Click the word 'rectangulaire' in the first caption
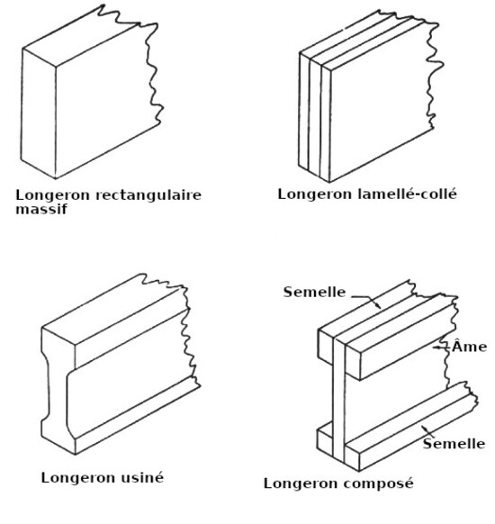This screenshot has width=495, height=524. pyautogui.click(x=148, y=195)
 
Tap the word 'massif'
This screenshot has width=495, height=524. pyautogui.click(x=41, y=209)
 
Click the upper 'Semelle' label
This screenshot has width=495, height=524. pyautogui.click(x=314, y=292)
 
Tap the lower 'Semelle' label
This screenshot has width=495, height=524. pyautogui.click(x=454, y=444)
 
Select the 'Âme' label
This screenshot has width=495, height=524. pyautogui.click(x=469, y=346)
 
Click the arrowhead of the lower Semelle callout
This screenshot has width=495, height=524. pyautogui.click(x=424, y=428)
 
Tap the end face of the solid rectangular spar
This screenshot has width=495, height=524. pyautogui.click(x=39, y=113)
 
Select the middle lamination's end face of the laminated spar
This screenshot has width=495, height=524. pyautogui.click(x=315, y=117)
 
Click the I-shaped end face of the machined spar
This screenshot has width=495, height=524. pyautogui.click(x=58, y=391)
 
